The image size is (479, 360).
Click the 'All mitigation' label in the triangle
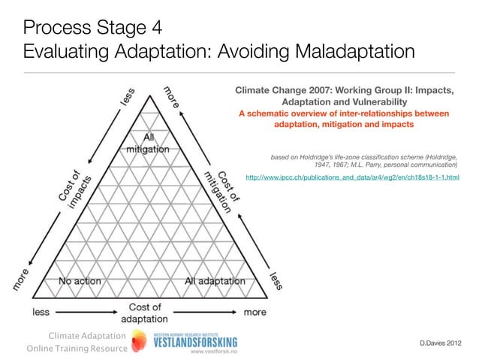point(147,143)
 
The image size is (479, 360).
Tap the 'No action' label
point(80,281)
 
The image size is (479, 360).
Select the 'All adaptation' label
point(215,281)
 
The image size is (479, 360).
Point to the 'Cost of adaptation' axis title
point(145,313)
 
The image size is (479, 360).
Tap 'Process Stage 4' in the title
point(92,29)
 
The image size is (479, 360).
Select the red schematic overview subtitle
point(344,119)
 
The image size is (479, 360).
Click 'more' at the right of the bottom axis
point(255,311)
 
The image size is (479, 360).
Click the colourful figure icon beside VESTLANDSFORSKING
point(139,343)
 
